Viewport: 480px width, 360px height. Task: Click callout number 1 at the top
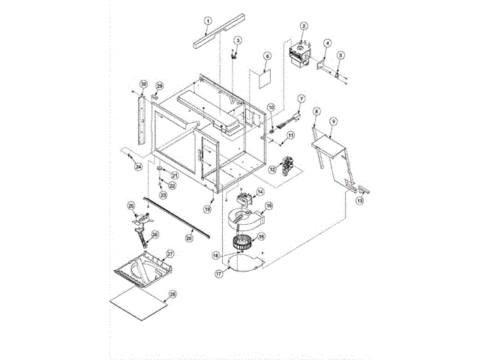pos(208,19)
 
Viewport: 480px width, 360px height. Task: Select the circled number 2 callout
pos(304,26)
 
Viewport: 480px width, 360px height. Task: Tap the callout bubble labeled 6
pos(266,56)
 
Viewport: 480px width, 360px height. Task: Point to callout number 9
pos(333,120)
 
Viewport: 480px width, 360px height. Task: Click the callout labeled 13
pos(359,201)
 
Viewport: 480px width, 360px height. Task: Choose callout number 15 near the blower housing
pos(268,205)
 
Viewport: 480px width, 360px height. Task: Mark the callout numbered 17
pos(219,275)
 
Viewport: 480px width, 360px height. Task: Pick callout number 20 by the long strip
pos(189,238)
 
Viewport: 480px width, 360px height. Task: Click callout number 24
pos(138,167)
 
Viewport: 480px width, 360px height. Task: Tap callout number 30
pos(143,83)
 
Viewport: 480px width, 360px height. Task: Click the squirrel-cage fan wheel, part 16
pos(243,241)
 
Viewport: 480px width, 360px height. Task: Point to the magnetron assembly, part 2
pos(301,56)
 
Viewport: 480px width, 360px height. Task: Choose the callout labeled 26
pos(155,235)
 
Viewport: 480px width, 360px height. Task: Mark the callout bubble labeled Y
pos(301,98)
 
